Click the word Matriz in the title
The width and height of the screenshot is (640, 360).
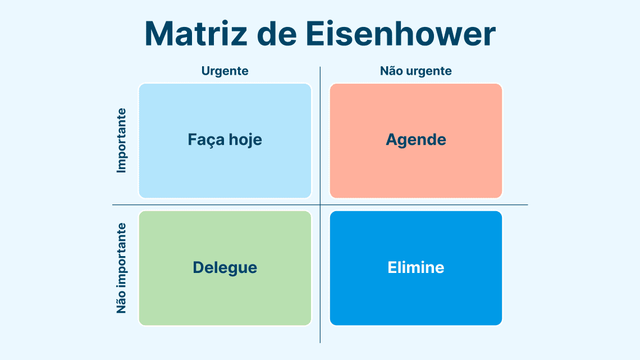tap(196, 34)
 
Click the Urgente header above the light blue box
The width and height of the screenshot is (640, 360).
tap(225, 71)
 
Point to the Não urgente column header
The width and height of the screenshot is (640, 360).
tap(416, 71)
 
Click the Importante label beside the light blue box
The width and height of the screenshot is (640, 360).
tap(122, 140)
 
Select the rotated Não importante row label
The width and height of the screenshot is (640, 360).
tap(122, 268)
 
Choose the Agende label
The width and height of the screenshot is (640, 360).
tap(416, 140)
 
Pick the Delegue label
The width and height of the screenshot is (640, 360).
tap(225, 268)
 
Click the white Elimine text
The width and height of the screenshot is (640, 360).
tap(416, 267)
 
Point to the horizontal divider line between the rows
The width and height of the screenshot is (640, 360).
tap(320, 205)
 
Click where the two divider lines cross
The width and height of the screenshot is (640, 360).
tap(320, 205)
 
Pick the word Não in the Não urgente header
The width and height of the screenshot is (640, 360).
tap(389, 71)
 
